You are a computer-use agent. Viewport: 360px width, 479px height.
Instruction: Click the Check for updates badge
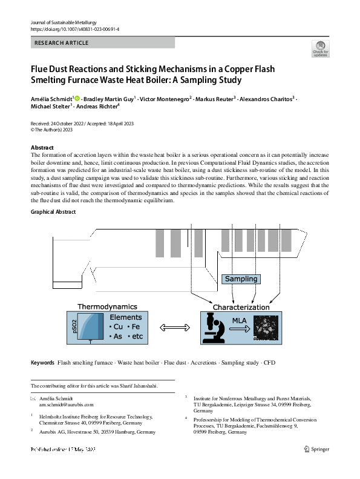320,48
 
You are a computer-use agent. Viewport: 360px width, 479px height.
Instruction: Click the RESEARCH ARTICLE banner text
62,43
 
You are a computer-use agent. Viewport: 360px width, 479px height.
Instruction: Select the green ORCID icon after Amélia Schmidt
77,97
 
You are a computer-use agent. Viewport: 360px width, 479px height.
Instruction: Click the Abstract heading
42,148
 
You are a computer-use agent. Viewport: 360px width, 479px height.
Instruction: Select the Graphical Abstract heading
53,211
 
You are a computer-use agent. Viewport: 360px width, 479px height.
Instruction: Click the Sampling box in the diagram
241,279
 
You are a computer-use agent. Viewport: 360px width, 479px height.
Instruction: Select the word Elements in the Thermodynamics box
125,317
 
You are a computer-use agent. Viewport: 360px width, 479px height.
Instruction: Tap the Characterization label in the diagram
241,307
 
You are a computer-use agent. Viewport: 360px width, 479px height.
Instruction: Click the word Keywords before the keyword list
42,363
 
